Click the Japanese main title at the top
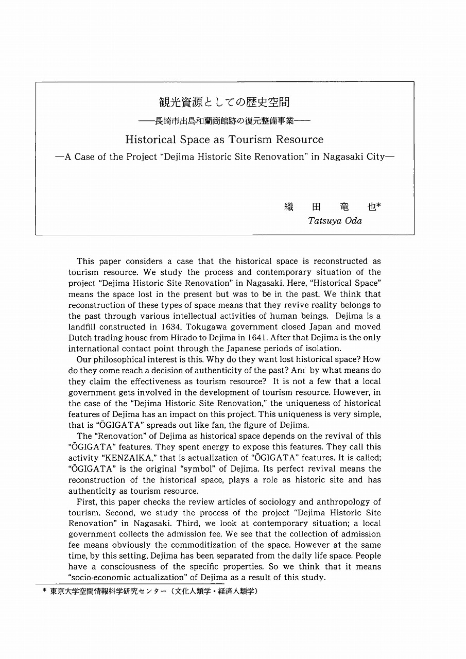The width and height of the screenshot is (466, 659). click(224, 102)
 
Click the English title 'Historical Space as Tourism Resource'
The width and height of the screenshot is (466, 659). click(224, 140)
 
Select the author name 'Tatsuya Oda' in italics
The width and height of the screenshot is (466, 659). click(335, 221)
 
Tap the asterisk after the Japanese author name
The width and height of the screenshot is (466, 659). click(378, 205)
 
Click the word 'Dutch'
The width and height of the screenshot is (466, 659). click(80, 338)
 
